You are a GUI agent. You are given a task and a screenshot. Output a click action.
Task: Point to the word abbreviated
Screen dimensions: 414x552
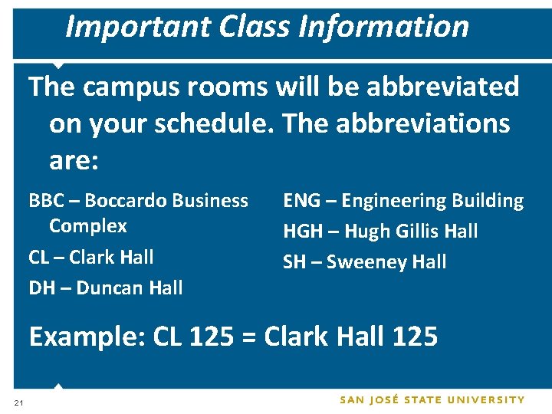pyautogui.click(x=442, y=87)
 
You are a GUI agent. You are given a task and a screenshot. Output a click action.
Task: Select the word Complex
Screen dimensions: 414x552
pyautogui.click(x=87, y=226)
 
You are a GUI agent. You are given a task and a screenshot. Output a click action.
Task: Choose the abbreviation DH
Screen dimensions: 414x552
pyautogui.click(x=42, y=288)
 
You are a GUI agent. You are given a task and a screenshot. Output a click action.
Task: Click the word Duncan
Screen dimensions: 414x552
pyautogui.click(x=108, y=288)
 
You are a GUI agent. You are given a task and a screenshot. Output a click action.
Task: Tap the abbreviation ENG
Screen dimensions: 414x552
pyautogui.click(x=301, y=201)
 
